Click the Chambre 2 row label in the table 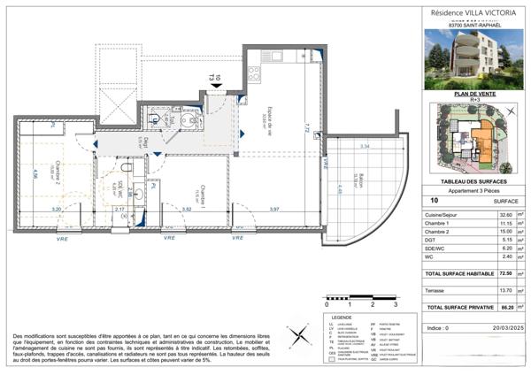[442, 233]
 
